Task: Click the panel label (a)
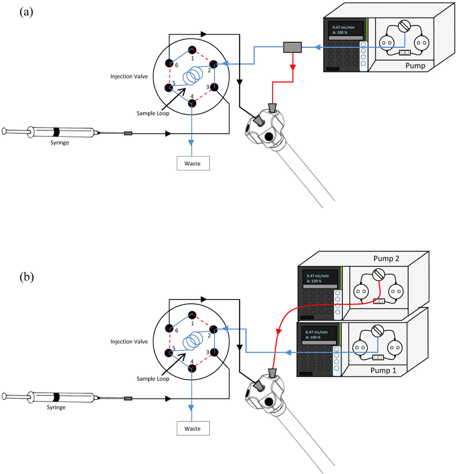click(26, 12)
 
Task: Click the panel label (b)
click(27, 277)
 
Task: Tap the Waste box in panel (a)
click(193, 163)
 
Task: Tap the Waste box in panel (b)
click(193, 428)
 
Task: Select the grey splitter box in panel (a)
click(292, 47)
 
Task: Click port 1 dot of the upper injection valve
click(192, 49)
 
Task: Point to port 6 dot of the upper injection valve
click(169, 63)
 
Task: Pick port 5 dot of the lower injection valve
click(169, 353)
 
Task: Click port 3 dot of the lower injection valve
click(214, 353)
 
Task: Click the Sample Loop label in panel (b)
click(153, 379)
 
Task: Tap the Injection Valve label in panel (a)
click(129, 76)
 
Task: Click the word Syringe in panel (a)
click(60, 143)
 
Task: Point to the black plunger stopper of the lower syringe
click(56, 397)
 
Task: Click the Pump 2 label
click(386, 258)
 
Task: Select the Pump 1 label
click(383, 371)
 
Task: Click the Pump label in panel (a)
click(415, 65)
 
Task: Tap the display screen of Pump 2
click(320, 278)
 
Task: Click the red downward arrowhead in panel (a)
click(293, 67)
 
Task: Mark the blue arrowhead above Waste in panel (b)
click(191, 407)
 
